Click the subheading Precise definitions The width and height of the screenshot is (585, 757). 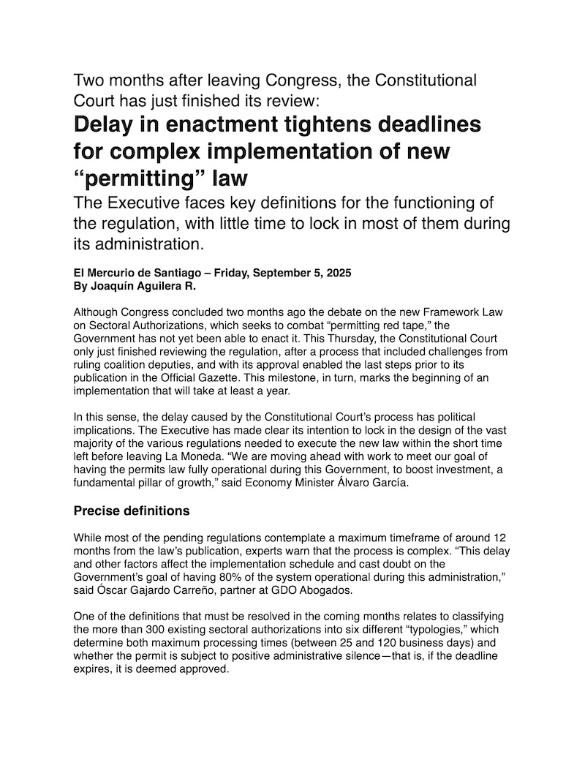click(x=132, y=511)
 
